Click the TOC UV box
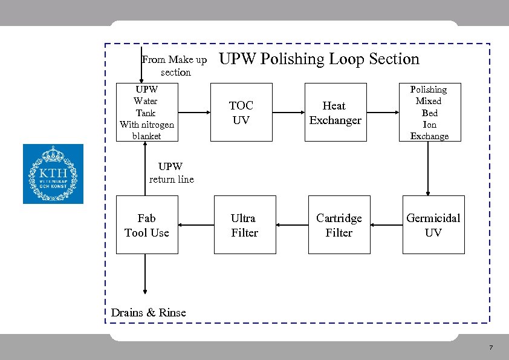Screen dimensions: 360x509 [x=241, y=113]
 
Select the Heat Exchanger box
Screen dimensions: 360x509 [x=335, y=113]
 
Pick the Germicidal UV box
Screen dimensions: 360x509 [x=433, y=225]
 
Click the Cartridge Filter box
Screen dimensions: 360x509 [x=339, y=225]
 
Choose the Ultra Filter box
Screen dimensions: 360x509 [x=244, y=225]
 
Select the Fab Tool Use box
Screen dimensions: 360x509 [x=146, y=225]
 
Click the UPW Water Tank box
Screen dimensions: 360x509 [x=146, y=113]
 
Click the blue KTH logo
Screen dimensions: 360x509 [x=53, y=174]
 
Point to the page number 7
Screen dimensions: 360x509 [x=490, y=348]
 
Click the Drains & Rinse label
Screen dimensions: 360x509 [x=149, y=313]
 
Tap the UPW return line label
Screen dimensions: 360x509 [x=171, y=172]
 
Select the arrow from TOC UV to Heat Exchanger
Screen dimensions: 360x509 [x=289, y=113]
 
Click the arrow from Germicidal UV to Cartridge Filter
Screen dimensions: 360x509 [x=386, y=225]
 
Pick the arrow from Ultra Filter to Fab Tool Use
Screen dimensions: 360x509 [x=196, y=225]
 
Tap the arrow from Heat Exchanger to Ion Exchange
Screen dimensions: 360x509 [x=383, y=113]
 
